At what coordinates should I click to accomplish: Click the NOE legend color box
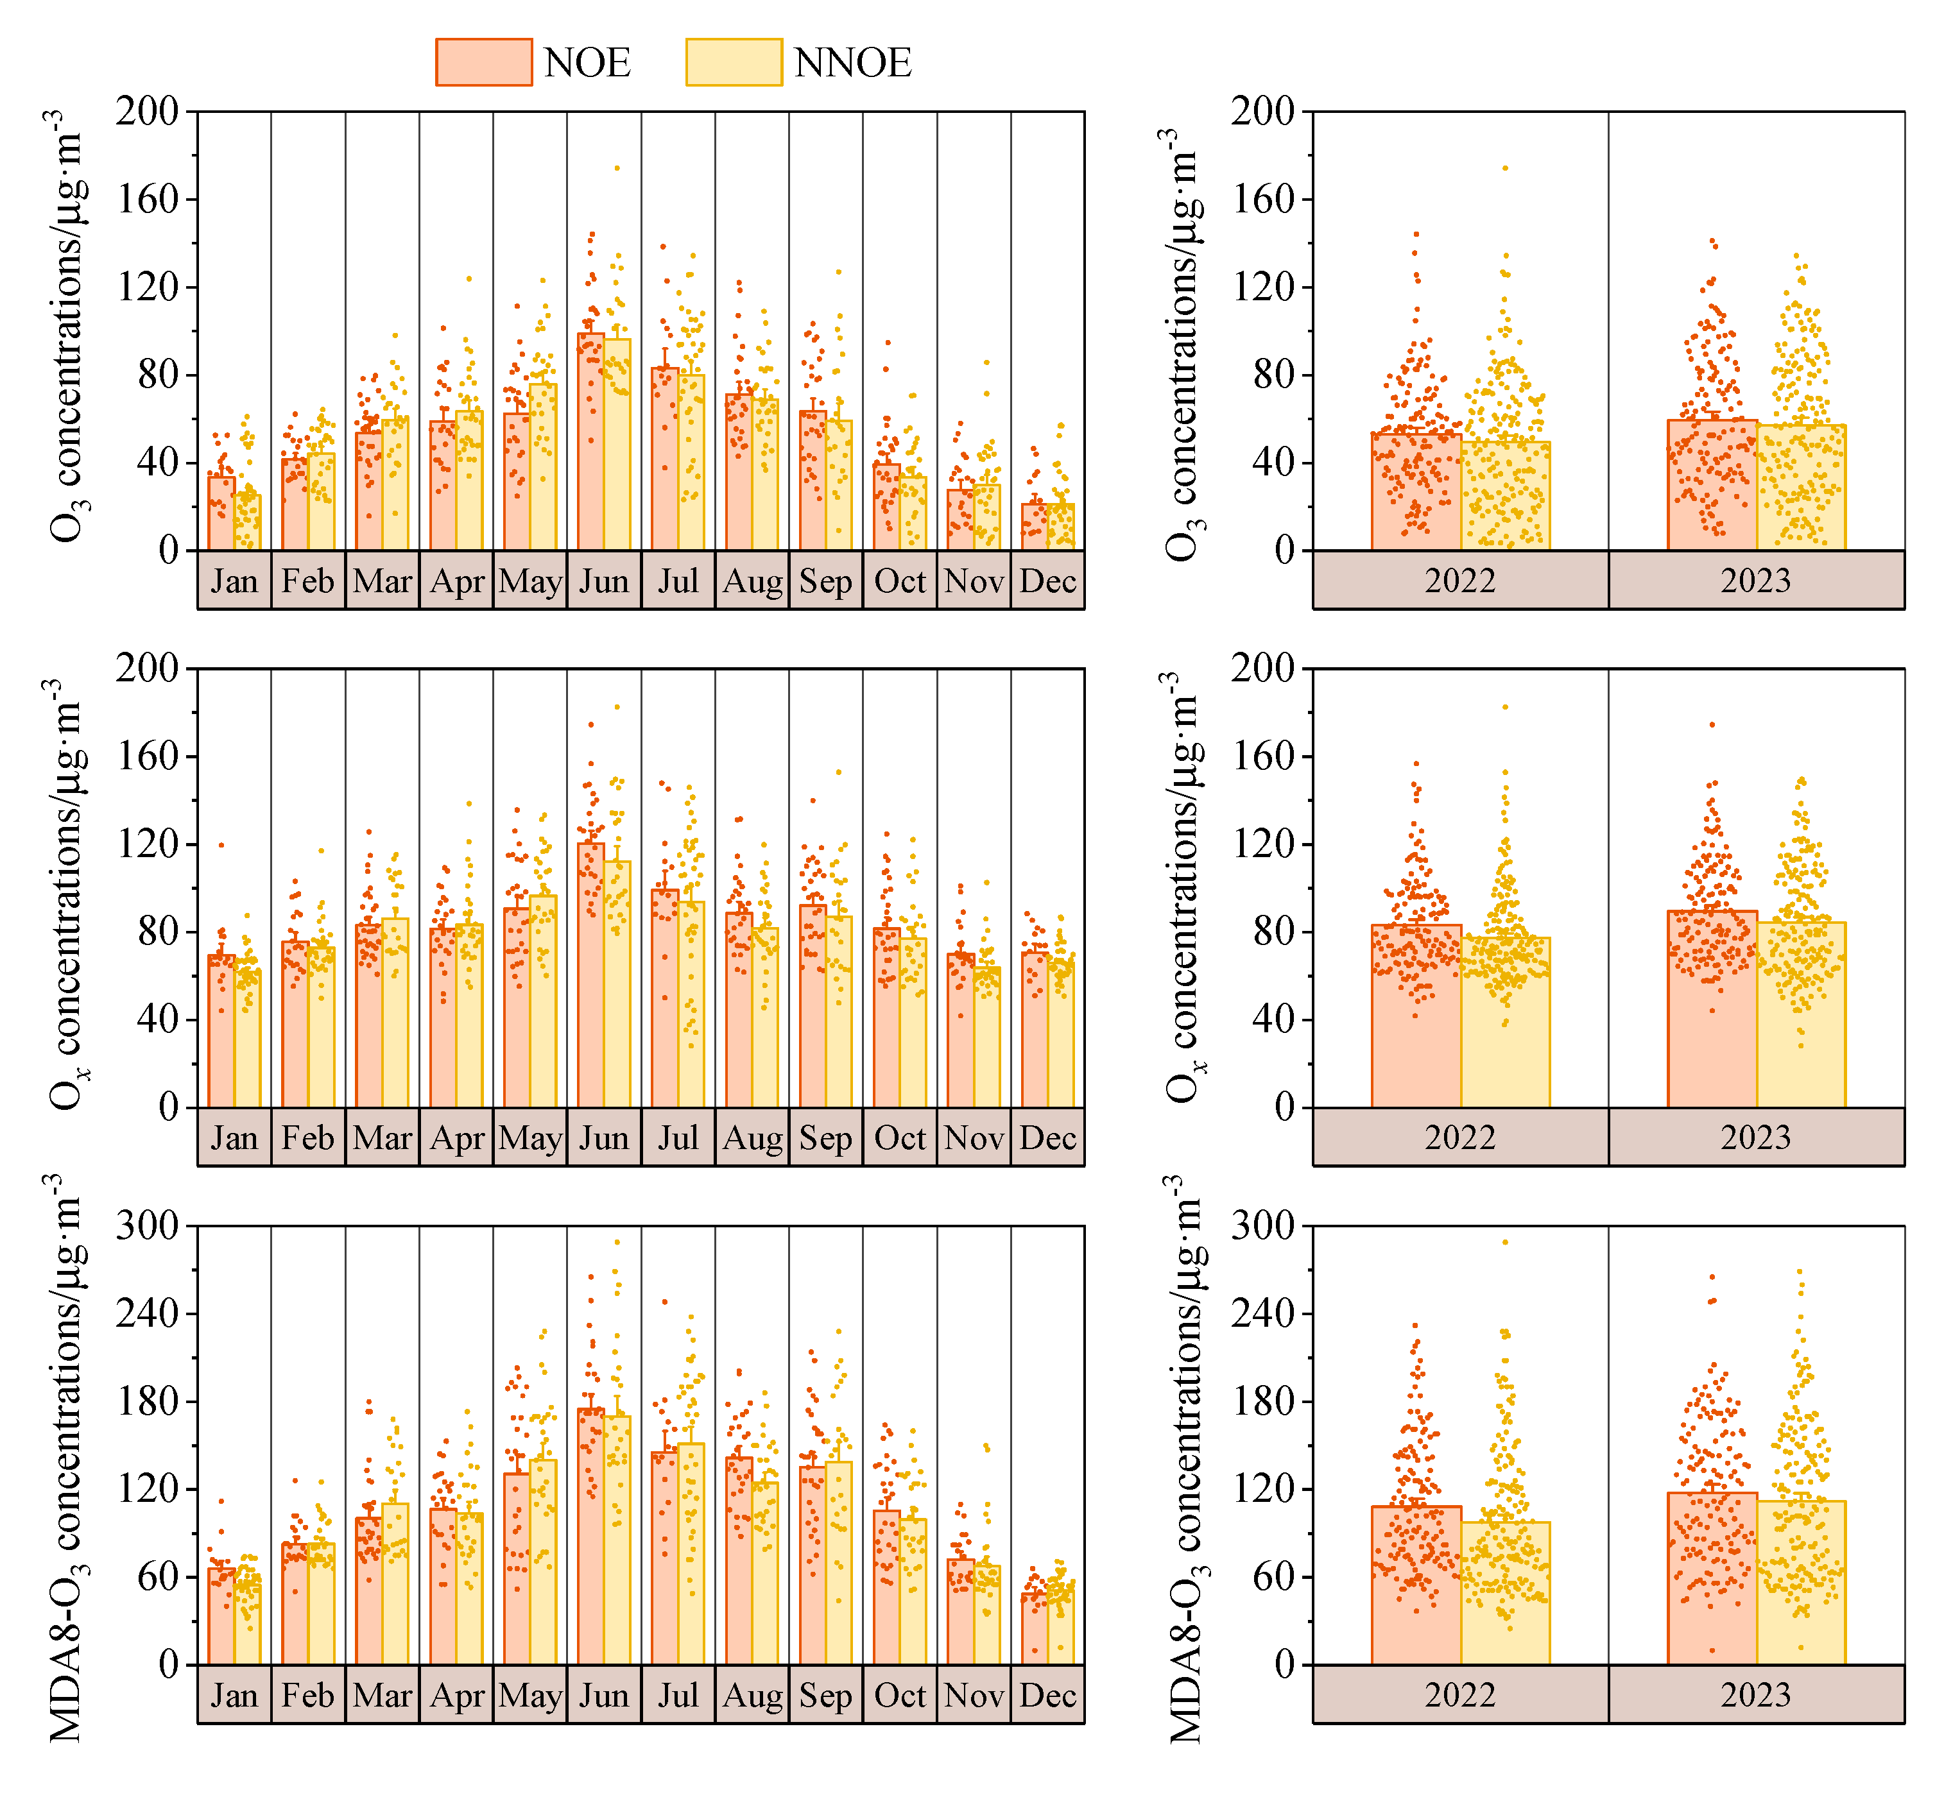[x=484, y=62]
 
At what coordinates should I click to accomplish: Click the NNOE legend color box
[x=733, y=62]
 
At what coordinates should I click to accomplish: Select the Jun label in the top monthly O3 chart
[x=604, y=581]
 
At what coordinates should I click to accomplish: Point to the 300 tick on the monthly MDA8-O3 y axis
[x=146, y=1225]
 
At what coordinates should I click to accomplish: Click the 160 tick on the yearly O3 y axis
[x=1262, y=200]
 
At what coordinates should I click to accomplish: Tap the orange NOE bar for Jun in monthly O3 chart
[x=590, y=450]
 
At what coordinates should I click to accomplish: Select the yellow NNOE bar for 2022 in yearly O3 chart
[x=1505, y=498]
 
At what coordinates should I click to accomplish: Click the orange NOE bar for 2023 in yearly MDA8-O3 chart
[x=1712, y=1583]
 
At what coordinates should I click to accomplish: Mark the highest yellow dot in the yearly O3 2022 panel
[x=1505, y=168]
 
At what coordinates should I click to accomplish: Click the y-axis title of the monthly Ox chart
[x=67, y=894]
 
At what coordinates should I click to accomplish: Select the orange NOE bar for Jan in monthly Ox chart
[x=221, y=1036]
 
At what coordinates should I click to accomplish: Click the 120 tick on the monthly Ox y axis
[x=146, y=844]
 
